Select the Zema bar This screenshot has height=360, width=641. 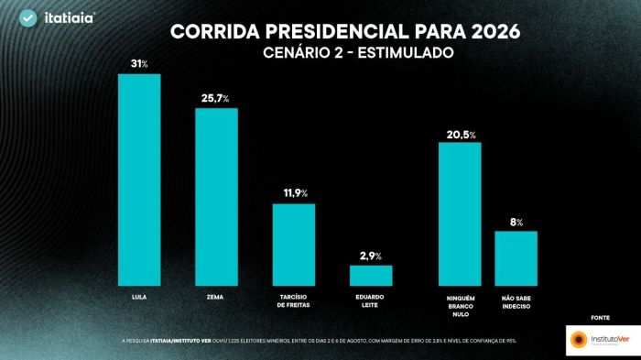click(216, 198)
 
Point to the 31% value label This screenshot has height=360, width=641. click(139, 63)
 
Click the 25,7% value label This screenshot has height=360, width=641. click(216, 97)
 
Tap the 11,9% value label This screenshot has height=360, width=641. click(294, 193)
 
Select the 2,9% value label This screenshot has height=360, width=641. click(371, 255)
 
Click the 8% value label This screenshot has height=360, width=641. click(516, 221)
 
